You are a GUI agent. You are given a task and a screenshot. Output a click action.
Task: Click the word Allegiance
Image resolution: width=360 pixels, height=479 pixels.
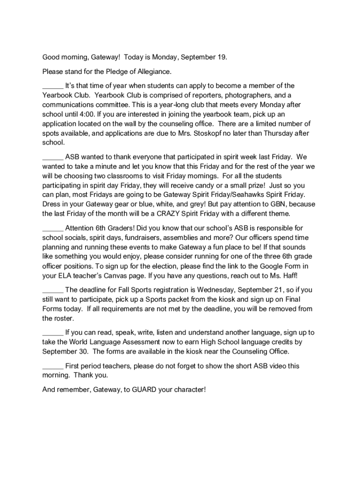(x=154, y=72)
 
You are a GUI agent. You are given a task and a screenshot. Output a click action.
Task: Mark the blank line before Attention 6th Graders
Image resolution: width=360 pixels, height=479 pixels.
(x=53, y=228)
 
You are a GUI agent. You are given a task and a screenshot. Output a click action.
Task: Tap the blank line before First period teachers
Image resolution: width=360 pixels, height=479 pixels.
(x=53, y=366)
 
